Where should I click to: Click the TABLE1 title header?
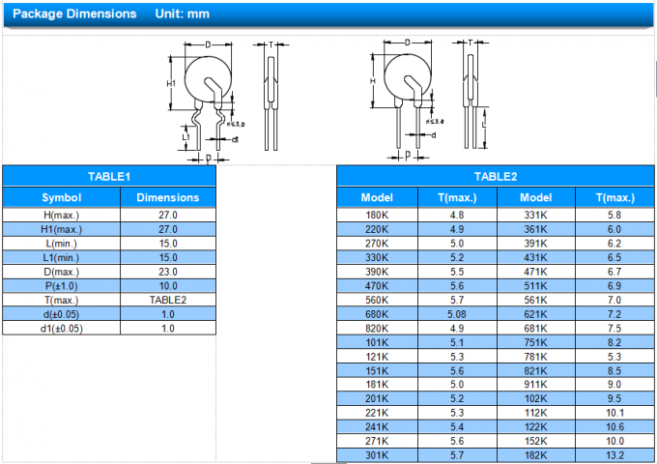click(109, 177)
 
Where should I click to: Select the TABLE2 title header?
click(496, 177)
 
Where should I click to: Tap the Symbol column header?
click(62, 197)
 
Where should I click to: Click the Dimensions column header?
click(168, 197)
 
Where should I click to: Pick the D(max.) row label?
click(62, 272)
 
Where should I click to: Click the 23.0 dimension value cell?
click(168, 272)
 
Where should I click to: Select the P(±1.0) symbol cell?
click(62, 286)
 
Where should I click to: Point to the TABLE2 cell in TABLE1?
click(168, 300)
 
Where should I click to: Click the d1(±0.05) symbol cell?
click(62, 329)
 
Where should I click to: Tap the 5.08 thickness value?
click(457, 314)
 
